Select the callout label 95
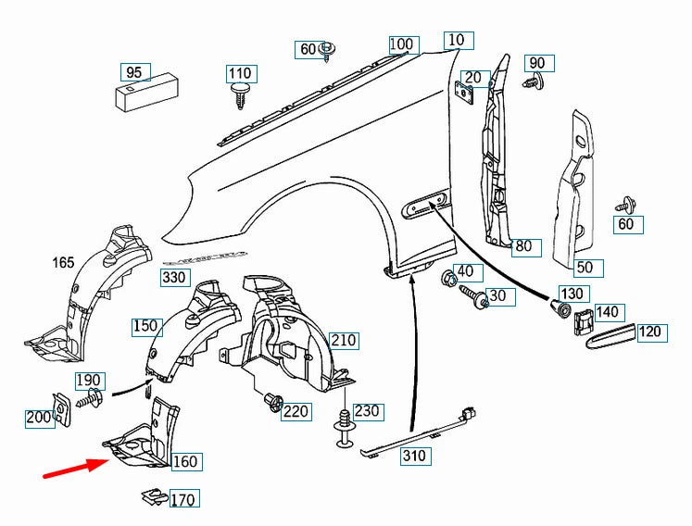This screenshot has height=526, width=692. click(x=134, y=72)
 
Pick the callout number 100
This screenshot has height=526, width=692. click(x=402, y=44)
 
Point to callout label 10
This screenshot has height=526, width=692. click(x=459, y=41)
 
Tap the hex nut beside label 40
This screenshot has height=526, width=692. click(x=447, y=276)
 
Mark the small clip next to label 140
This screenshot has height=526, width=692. click(x=583, y=321)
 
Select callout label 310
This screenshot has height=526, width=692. click(x=413, y=456)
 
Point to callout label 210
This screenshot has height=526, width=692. click(x=343, y=341)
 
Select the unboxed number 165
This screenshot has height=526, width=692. click(x=63, y=264)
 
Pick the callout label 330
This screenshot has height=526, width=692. click(x=173, y=277)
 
